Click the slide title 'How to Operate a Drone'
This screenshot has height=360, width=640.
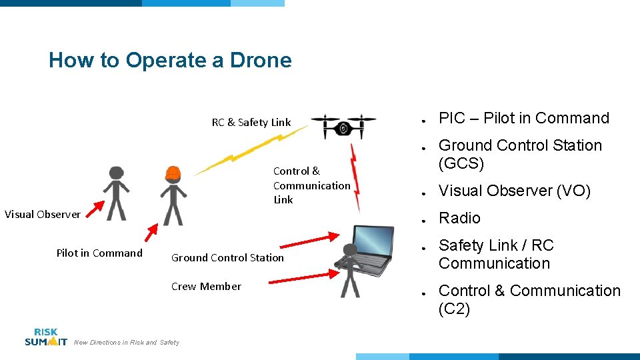click(x=170, y=60)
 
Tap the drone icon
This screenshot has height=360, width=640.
click(x=343, y=127)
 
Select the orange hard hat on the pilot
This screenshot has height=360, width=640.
click(x=173, y=173)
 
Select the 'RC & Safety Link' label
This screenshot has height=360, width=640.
click(x=251, y=122)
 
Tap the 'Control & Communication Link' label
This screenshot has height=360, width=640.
click(x=311, y=185)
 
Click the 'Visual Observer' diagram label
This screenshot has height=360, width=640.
click(x=42, y=214)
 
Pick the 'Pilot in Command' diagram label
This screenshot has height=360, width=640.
click(x=99, y=253)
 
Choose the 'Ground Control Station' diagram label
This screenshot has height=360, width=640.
click(x=227, y=257)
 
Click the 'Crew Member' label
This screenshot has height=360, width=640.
click(x=206, y=286)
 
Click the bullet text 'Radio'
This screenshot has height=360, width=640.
click(x=459, y=218)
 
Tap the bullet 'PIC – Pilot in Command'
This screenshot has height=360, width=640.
click(x=523, y=118)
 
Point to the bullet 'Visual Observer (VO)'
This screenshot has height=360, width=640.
click(x=514, y=191)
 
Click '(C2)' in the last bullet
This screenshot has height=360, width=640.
click(x=454, y=309)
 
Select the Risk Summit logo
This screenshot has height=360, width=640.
click(x=45, y=337)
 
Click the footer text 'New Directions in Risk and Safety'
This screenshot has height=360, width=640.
click(x=127, y=343)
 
